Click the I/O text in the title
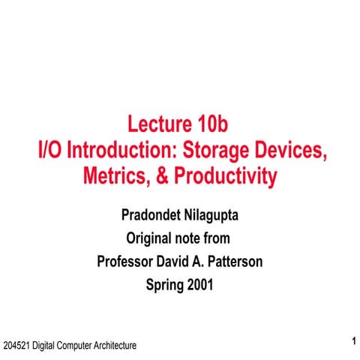49,150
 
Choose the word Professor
129,262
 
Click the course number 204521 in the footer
16,346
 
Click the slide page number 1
352,343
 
